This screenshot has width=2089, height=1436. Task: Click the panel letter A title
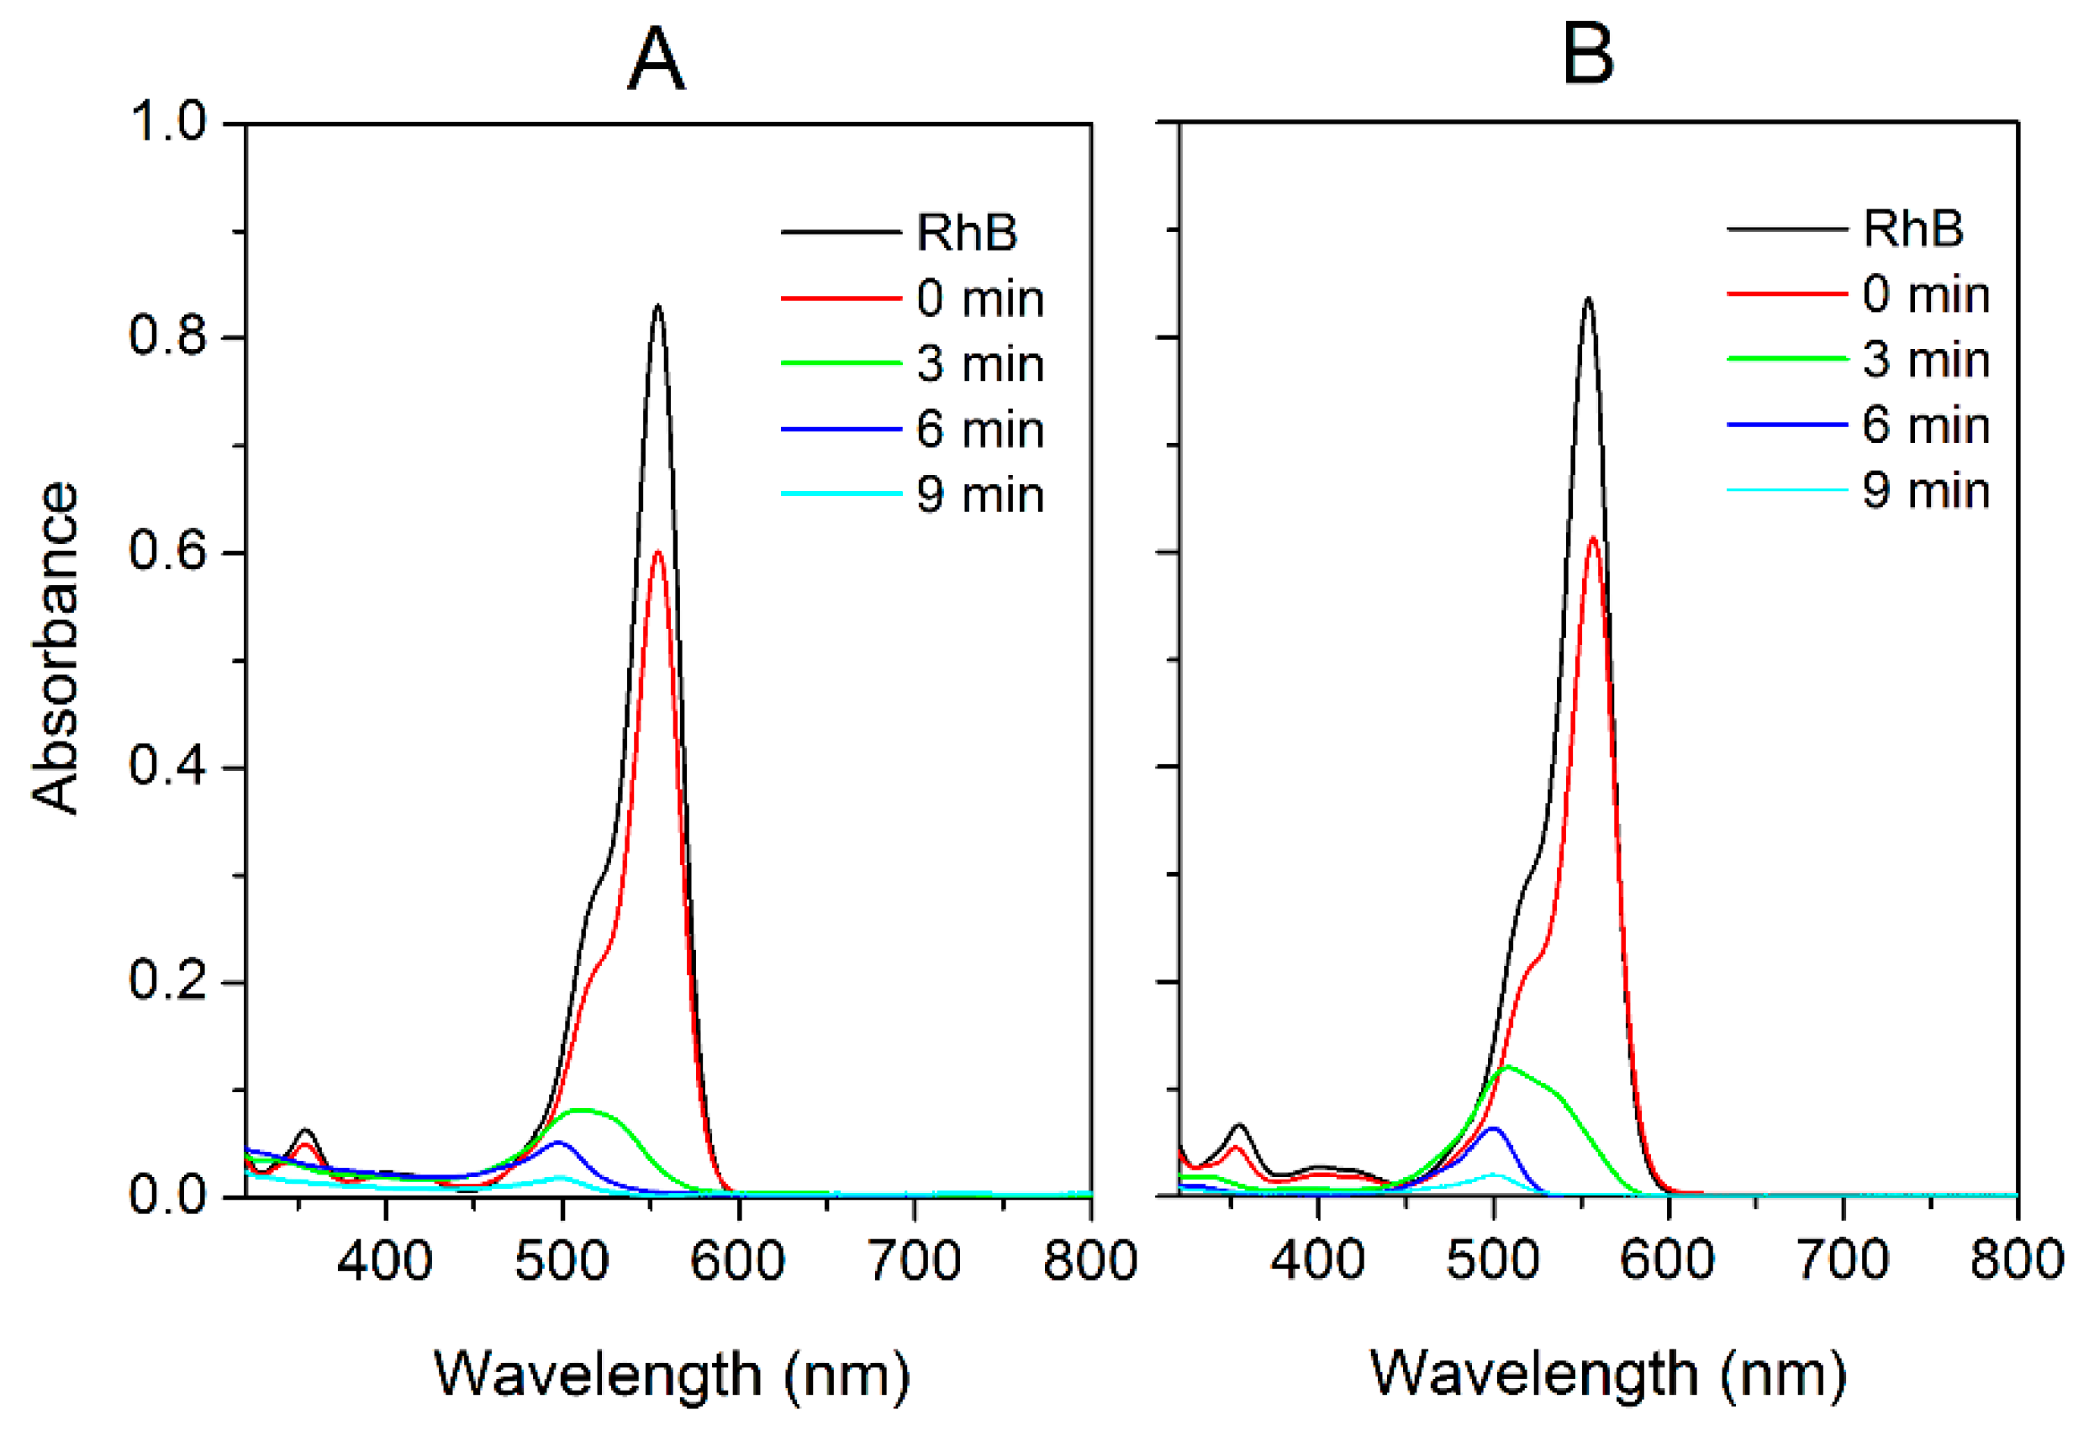[x=656, y=60]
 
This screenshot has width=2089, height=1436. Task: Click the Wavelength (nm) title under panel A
[x=672, y=1375]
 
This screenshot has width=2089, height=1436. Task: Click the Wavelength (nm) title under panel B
[x=1607, y=1375]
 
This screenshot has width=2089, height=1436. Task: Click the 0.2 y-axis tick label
[x=168, y=979]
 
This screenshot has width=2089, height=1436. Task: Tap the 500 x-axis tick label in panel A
[x=562, y=1260]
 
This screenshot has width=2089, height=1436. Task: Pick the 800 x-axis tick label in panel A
[x=1089, y=1260]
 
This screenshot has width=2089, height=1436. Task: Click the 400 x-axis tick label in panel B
[x=1317, y=1260]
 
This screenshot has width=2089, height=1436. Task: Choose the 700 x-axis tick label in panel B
[x=1843, y=1260]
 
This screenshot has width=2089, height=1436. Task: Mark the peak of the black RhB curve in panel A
[x=657, y=307]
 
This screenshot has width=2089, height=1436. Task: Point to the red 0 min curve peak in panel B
[x=1592, y=538]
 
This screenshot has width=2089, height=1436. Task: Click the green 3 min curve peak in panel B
[x=1508, y=1066]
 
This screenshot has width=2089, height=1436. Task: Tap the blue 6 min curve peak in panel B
[x=1494, y=1128]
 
